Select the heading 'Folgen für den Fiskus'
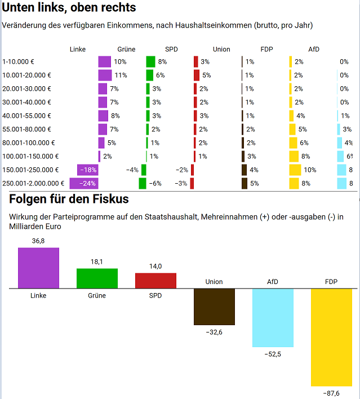pos(69,199)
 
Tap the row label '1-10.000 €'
pos(20,61)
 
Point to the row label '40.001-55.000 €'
pos(26,116)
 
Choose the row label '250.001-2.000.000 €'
pos(33,183)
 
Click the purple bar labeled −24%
pos(83,183)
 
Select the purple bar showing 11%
pos(105,75)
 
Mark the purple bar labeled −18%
pos(88,170)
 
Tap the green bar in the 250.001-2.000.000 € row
pos(143,183)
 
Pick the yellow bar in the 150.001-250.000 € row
pos(295,170)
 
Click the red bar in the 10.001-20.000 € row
pos(197,75)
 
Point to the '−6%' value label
pos(155,183)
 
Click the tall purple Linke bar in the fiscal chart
pos(38,268)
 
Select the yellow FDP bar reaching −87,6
pos(331,337)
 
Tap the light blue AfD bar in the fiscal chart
pos(273,317)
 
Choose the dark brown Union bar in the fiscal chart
pos(214,307)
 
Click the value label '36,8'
pos(38,241)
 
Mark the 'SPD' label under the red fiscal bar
pos(155,295)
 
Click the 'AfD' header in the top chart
pos(314,49)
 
